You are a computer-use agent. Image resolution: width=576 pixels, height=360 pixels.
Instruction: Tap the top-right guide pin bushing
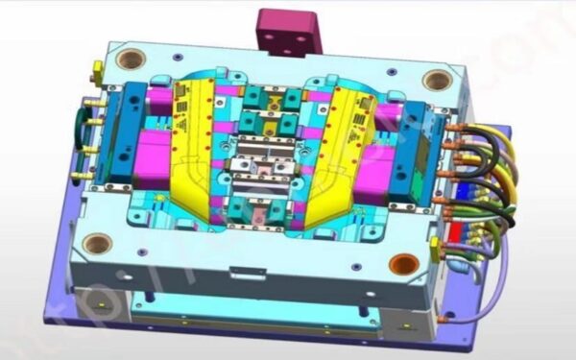pos(437,80)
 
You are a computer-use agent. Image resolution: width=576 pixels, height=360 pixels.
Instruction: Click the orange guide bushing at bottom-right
pos(404,263)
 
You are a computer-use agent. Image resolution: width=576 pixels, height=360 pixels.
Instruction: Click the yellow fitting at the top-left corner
pos(96,69)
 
